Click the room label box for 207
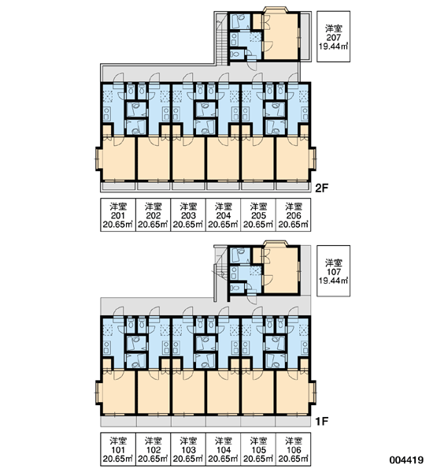tap(333, 36)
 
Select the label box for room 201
tap(118, 214)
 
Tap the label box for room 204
tap(224, 214)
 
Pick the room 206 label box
tap(294, 214)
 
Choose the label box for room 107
tap(333, 270)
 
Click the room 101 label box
tap(118, 449)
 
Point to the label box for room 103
tap(188, 449)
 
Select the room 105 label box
tap(258, 449)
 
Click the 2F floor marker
tap(321, 188)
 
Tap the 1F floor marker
tap(321, 421)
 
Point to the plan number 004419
tap(406, 460)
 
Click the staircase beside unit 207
tap(221, 43)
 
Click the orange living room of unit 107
tap(281, 270)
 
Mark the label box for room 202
tap(154, 214)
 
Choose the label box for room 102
tap(154, 449)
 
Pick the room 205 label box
tap(258, 214)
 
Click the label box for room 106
tap(294, 449)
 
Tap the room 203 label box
tap(188, 214)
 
